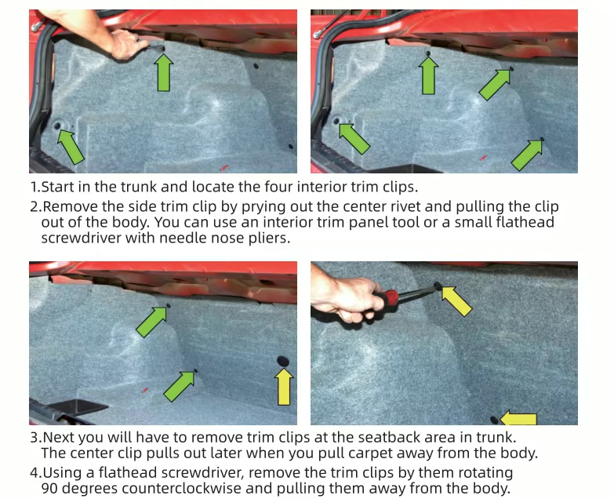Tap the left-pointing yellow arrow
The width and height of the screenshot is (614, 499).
click(518, 418)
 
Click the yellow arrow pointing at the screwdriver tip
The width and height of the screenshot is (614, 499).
click(457, 300)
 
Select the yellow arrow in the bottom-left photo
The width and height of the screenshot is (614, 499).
click(284, 387)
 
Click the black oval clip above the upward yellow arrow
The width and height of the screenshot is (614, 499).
click(283, 361)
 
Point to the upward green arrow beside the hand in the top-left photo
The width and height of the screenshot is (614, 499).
click(164, 72)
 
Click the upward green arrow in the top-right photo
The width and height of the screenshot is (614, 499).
click(428, 75)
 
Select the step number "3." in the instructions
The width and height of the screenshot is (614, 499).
click(35, 437)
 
